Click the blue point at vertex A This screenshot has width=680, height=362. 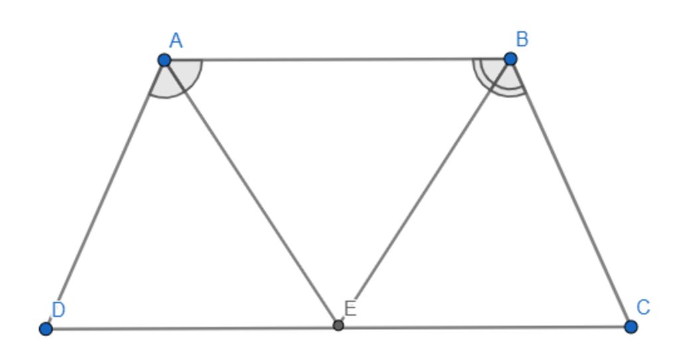click(x=165, y=60)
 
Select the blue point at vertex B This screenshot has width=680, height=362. click(x=511, y=58)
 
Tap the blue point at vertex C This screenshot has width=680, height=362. click(x=631, y=326)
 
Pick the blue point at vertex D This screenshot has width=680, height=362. click(x=46, y=329)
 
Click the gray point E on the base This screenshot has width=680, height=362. click(x=338, y=325)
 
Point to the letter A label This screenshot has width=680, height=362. click(x=176, y=41)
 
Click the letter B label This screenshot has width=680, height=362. click(x=522, y=39)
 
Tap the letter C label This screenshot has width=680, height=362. click(x=643, y=308)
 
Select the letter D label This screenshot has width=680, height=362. click(x=58, y=310)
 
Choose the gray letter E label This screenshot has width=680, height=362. click(x=350, y=309)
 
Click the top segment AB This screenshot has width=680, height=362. click(x=337, y=59)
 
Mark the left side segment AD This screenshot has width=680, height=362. click(x=105, y=194)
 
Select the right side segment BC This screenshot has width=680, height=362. click(x=570, y=192)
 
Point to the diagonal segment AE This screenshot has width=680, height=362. click(x=251, y=192)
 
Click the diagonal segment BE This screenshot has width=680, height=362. click(x=424, y=192)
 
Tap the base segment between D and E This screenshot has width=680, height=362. click(x=192, y=328)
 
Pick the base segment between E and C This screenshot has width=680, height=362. click(x=484, y=326)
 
